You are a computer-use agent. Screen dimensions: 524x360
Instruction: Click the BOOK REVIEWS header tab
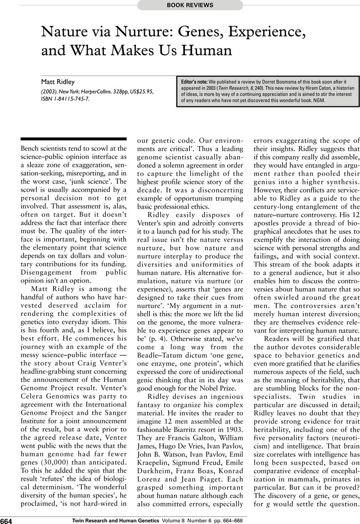189,5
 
